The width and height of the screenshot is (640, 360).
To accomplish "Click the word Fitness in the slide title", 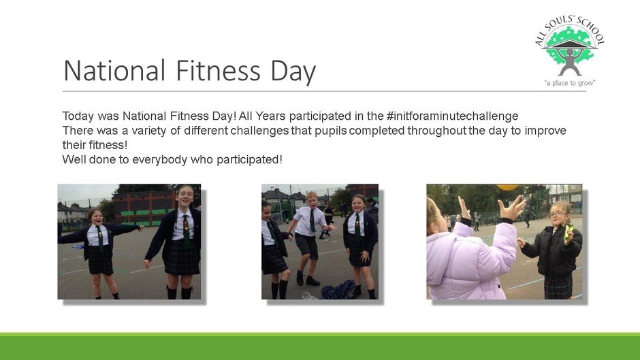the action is (x=218, y=71).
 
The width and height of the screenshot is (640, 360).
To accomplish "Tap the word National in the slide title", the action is (x=114, y=71).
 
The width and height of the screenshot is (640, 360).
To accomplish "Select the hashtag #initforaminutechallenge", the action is (x=452, y=116).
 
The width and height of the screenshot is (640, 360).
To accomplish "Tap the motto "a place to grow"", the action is (x=570, y=83).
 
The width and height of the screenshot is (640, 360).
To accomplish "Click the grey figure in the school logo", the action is (x=570, y=61).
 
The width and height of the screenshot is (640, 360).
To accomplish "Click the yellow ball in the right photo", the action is (x=507, y=187).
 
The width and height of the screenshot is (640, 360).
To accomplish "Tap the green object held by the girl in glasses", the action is (x=569, y=232).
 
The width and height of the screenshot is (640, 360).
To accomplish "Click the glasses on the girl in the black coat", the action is (x=557, y=214).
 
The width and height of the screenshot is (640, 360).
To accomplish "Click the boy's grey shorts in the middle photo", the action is (x=307, y=245).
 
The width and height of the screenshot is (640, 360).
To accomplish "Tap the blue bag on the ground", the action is (x=338, y=290).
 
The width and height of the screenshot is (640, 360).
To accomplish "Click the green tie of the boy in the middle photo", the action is (x=313, y=220).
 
